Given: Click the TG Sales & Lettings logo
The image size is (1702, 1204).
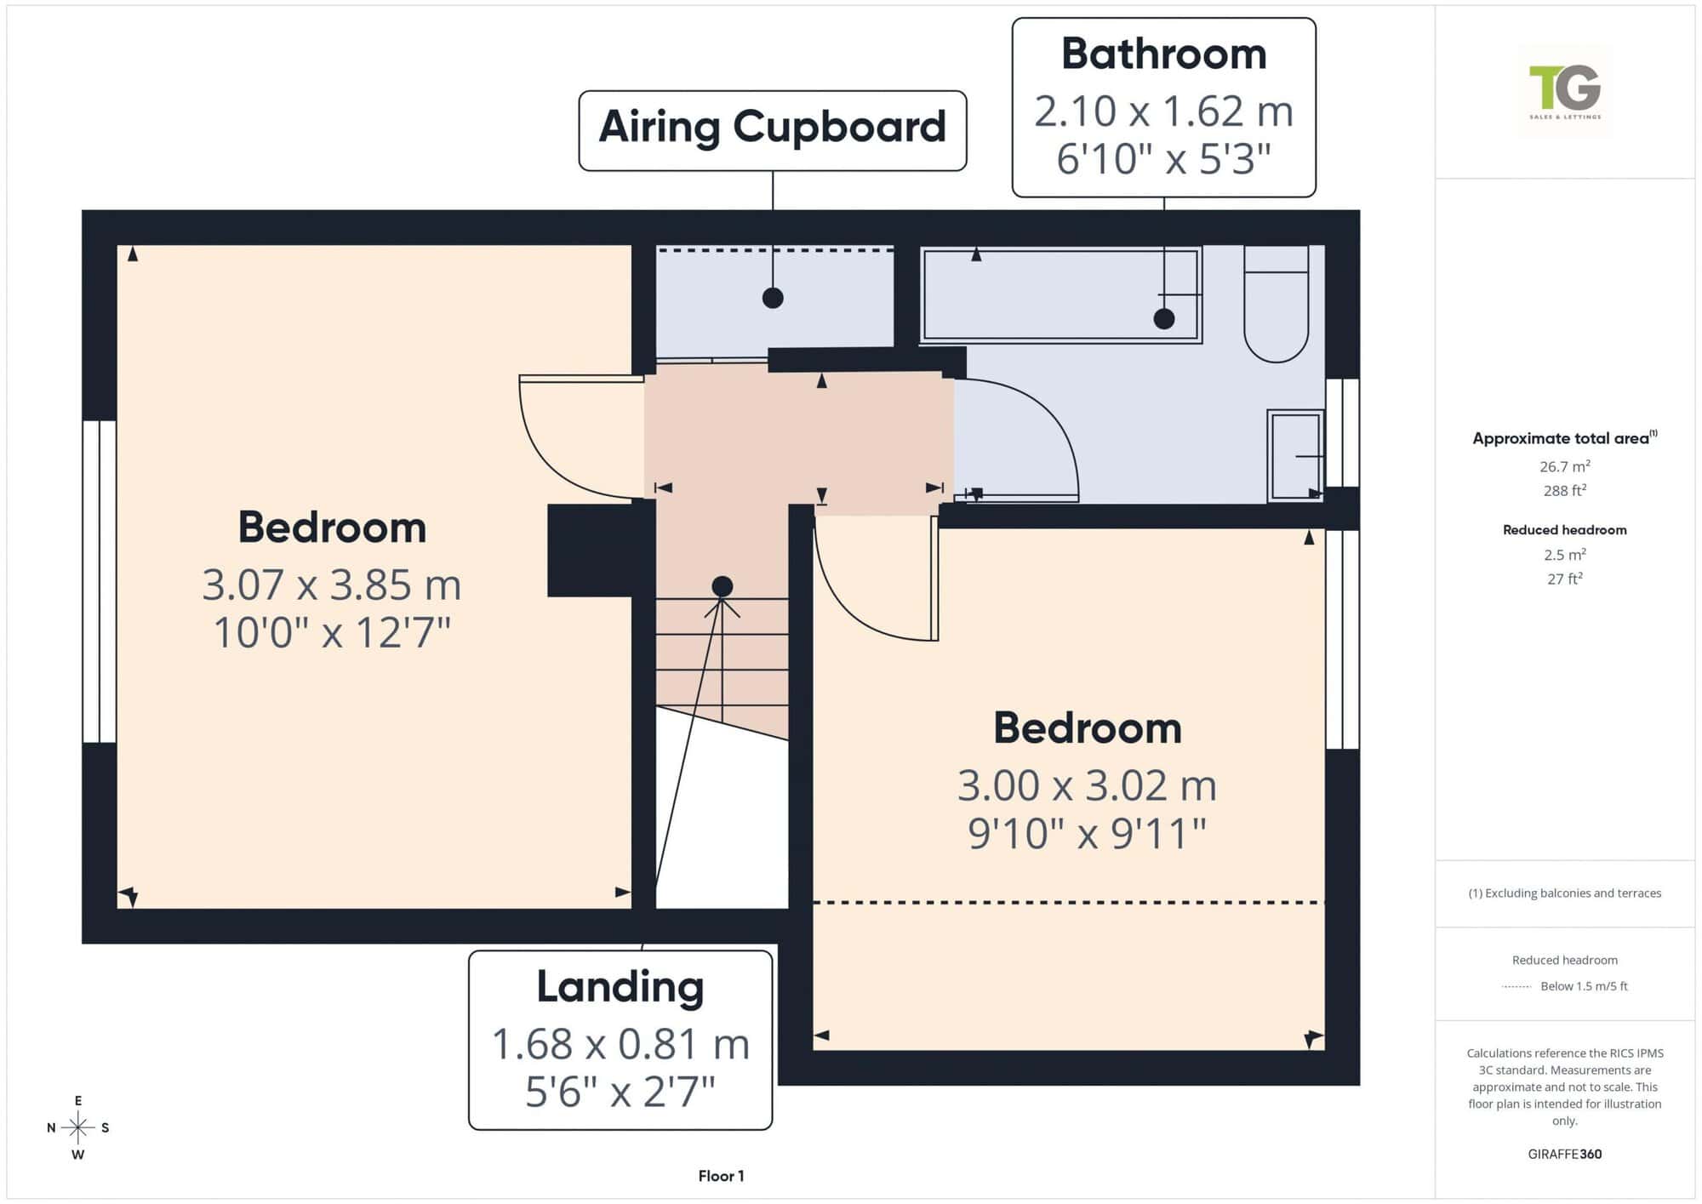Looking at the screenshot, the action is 1564,91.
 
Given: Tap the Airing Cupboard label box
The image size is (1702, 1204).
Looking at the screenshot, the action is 772,130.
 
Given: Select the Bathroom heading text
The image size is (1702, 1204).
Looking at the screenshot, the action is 1163,54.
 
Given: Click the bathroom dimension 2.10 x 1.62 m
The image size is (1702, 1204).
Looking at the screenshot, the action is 1163,111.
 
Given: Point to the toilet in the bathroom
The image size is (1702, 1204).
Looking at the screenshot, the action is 1276,304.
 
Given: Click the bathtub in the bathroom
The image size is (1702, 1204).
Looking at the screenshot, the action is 1061,294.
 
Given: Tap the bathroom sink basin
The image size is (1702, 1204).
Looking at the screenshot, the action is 1295,455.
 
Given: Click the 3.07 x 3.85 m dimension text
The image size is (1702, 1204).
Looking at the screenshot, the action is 332,585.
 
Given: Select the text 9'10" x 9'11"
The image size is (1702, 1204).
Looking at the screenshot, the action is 1087,834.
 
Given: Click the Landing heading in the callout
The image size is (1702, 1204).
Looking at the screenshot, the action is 620,987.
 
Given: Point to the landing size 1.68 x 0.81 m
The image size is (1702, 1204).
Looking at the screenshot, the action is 620,1044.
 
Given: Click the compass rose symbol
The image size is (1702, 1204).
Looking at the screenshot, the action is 77,1128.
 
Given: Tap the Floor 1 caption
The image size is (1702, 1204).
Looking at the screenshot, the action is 721,1176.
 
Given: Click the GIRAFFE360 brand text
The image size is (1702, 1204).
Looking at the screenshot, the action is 1564,1154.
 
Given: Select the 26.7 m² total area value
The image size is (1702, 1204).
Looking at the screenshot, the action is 1564,466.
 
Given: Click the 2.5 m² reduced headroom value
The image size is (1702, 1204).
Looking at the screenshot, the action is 1564,555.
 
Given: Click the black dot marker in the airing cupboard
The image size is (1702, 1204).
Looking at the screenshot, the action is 773,298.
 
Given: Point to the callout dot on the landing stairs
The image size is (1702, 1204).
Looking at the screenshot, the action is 722,586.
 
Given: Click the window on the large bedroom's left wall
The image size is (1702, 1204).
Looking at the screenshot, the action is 100,581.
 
